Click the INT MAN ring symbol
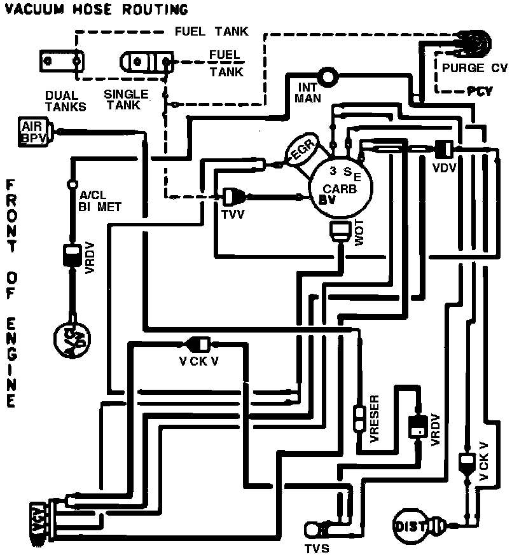pos(331,78)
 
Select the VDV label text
pos(444,169)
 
